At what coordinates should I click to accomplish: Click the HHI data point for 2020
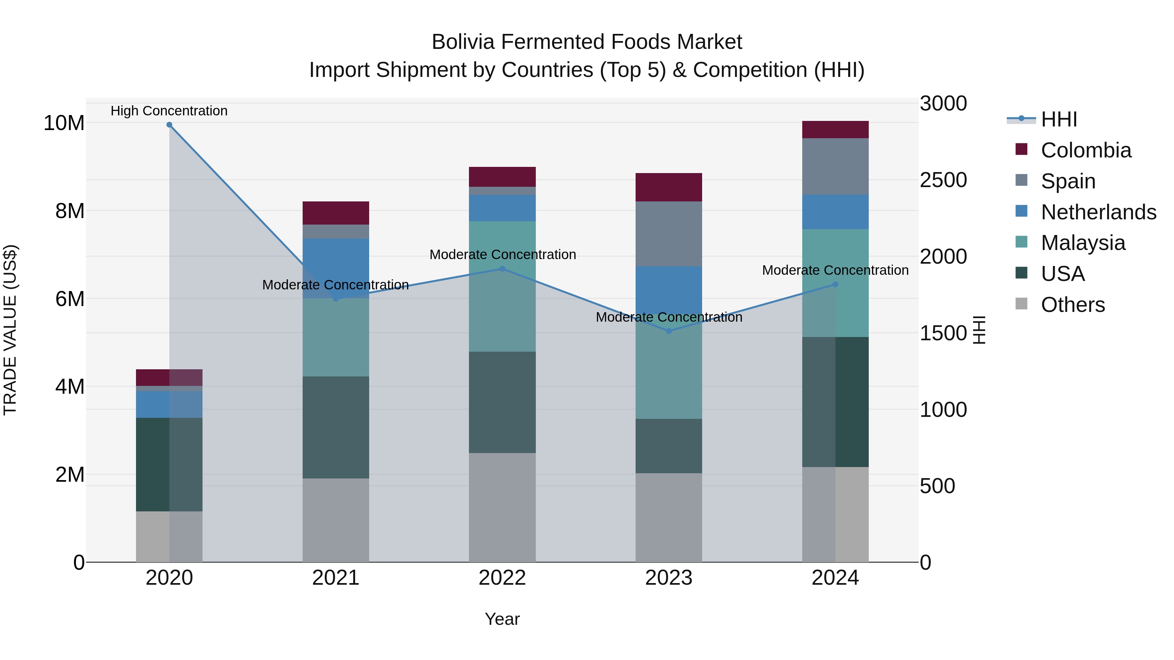169,125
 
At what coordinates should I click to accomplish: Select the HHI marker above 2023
669,331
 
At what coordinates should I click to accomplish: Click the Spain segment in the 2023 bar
669,234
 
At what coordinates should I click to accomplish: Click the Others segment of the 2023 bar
669,518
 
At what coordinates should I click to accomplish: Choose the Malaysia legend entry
1083,243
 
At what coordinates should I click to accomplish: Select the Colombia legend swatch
1021,149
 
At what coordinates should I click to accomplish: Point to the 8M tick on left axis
70,211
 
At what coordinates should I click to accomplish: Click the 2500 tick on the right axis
942,180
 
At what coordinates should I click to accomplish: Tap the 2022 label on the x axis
502,578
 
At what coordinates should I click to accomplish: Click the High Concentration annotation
169,111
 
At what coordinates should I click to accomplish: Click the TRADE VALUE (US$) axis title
10,330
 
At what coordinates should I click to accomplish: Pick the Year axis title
502,619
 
